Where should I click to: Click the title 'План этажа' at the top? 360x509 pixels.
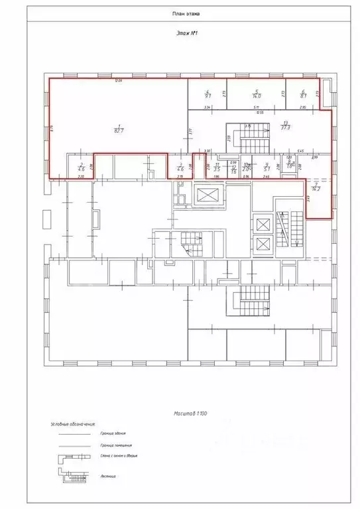tap(181, 13)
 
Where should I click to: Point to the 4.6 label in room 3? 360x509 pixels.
tap(180, 170)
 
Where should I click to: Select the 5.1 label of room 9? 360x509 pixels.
tap(266, 170)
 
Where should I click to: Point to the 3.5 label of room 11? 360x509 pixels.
tap(217, 170)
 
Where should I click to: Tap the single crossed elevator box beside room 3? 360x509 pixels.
tap(208, 196)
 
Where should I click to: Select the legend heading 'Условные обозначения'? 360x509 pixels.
tap(74, 423)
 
